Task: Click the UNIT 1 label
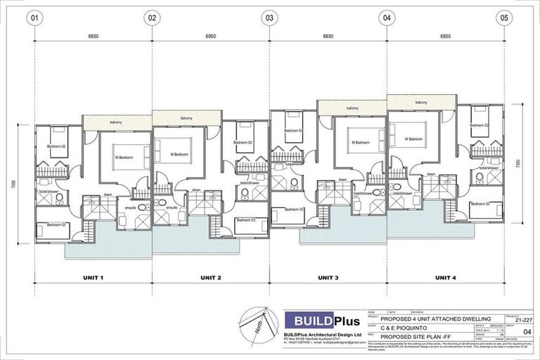click(x=93, y=278)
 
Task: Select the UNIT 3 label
click(x=328, y=278)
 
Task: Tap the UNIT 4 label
click(x=444, y=278)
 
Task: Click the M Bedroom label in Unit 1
click(x=124, y=157)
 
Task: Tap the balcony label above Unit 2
click(x=186, y=118)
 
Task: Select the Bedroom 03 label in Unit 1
click(x=58, y=225)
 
